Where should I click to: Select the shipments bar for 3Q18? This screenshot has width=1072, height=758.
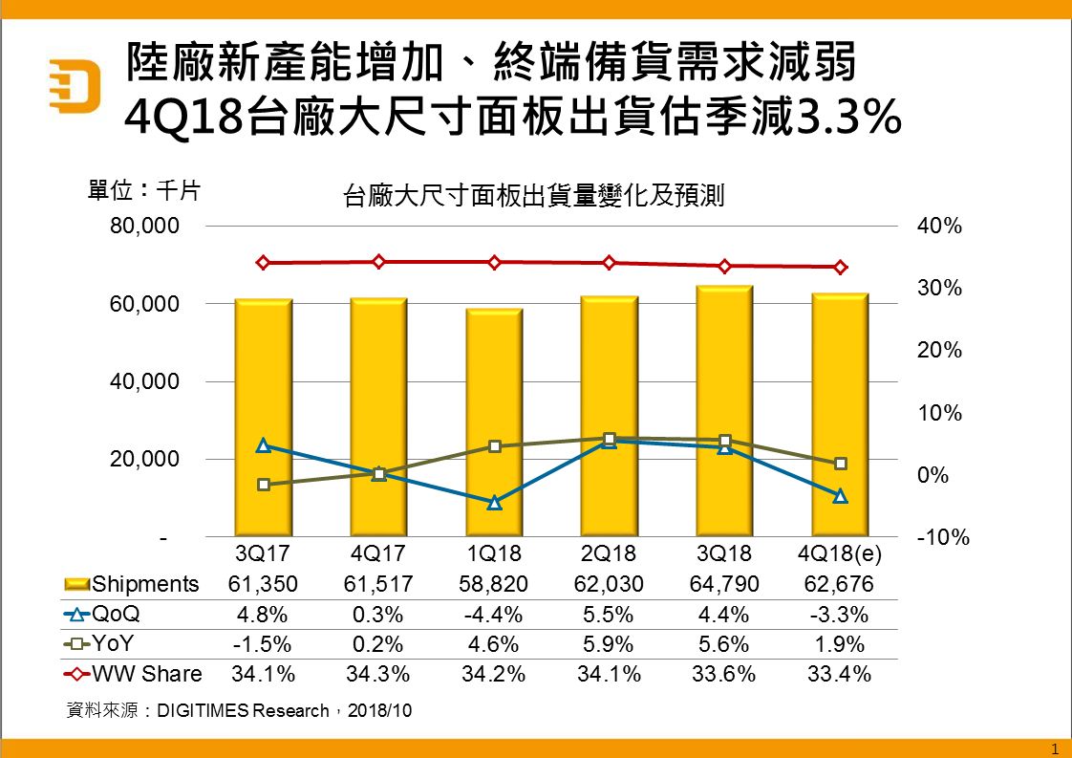(x=724, y=411)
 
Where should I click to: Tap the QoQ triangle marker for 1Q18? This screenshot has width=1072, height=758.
(x=494, y=502)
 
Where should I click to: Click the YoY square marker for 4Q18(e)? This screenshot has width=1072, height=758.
(x=841, y=464)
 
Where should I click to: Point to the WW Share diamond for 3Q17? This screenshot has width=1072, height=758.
(x=264, y=263)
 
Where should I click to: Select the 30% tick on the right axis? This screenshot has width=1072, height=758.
(x=939, y=289)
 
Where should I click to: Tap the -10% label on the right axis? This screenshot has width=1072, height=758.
(x=942, y=538)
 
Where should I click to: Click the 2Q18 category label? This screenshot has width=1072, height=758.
(x=610, y=553)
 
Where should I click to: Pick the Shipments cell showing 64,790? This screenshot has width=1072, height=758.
(x=724, y=584)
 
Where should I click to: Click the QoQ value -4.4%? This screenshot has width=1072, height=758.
(x=494, y=614)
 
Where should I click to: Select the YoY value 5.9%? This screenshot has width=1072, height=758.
(x=610, y=644)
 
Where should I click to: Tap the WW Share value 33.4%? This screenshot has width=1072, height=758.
(x=841, y=674)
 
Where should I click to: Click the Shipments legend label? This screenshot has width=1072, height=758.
(x=145, y=584)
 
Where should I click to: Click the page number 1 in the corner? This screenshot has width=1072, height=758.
(x=1054, y=747)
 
